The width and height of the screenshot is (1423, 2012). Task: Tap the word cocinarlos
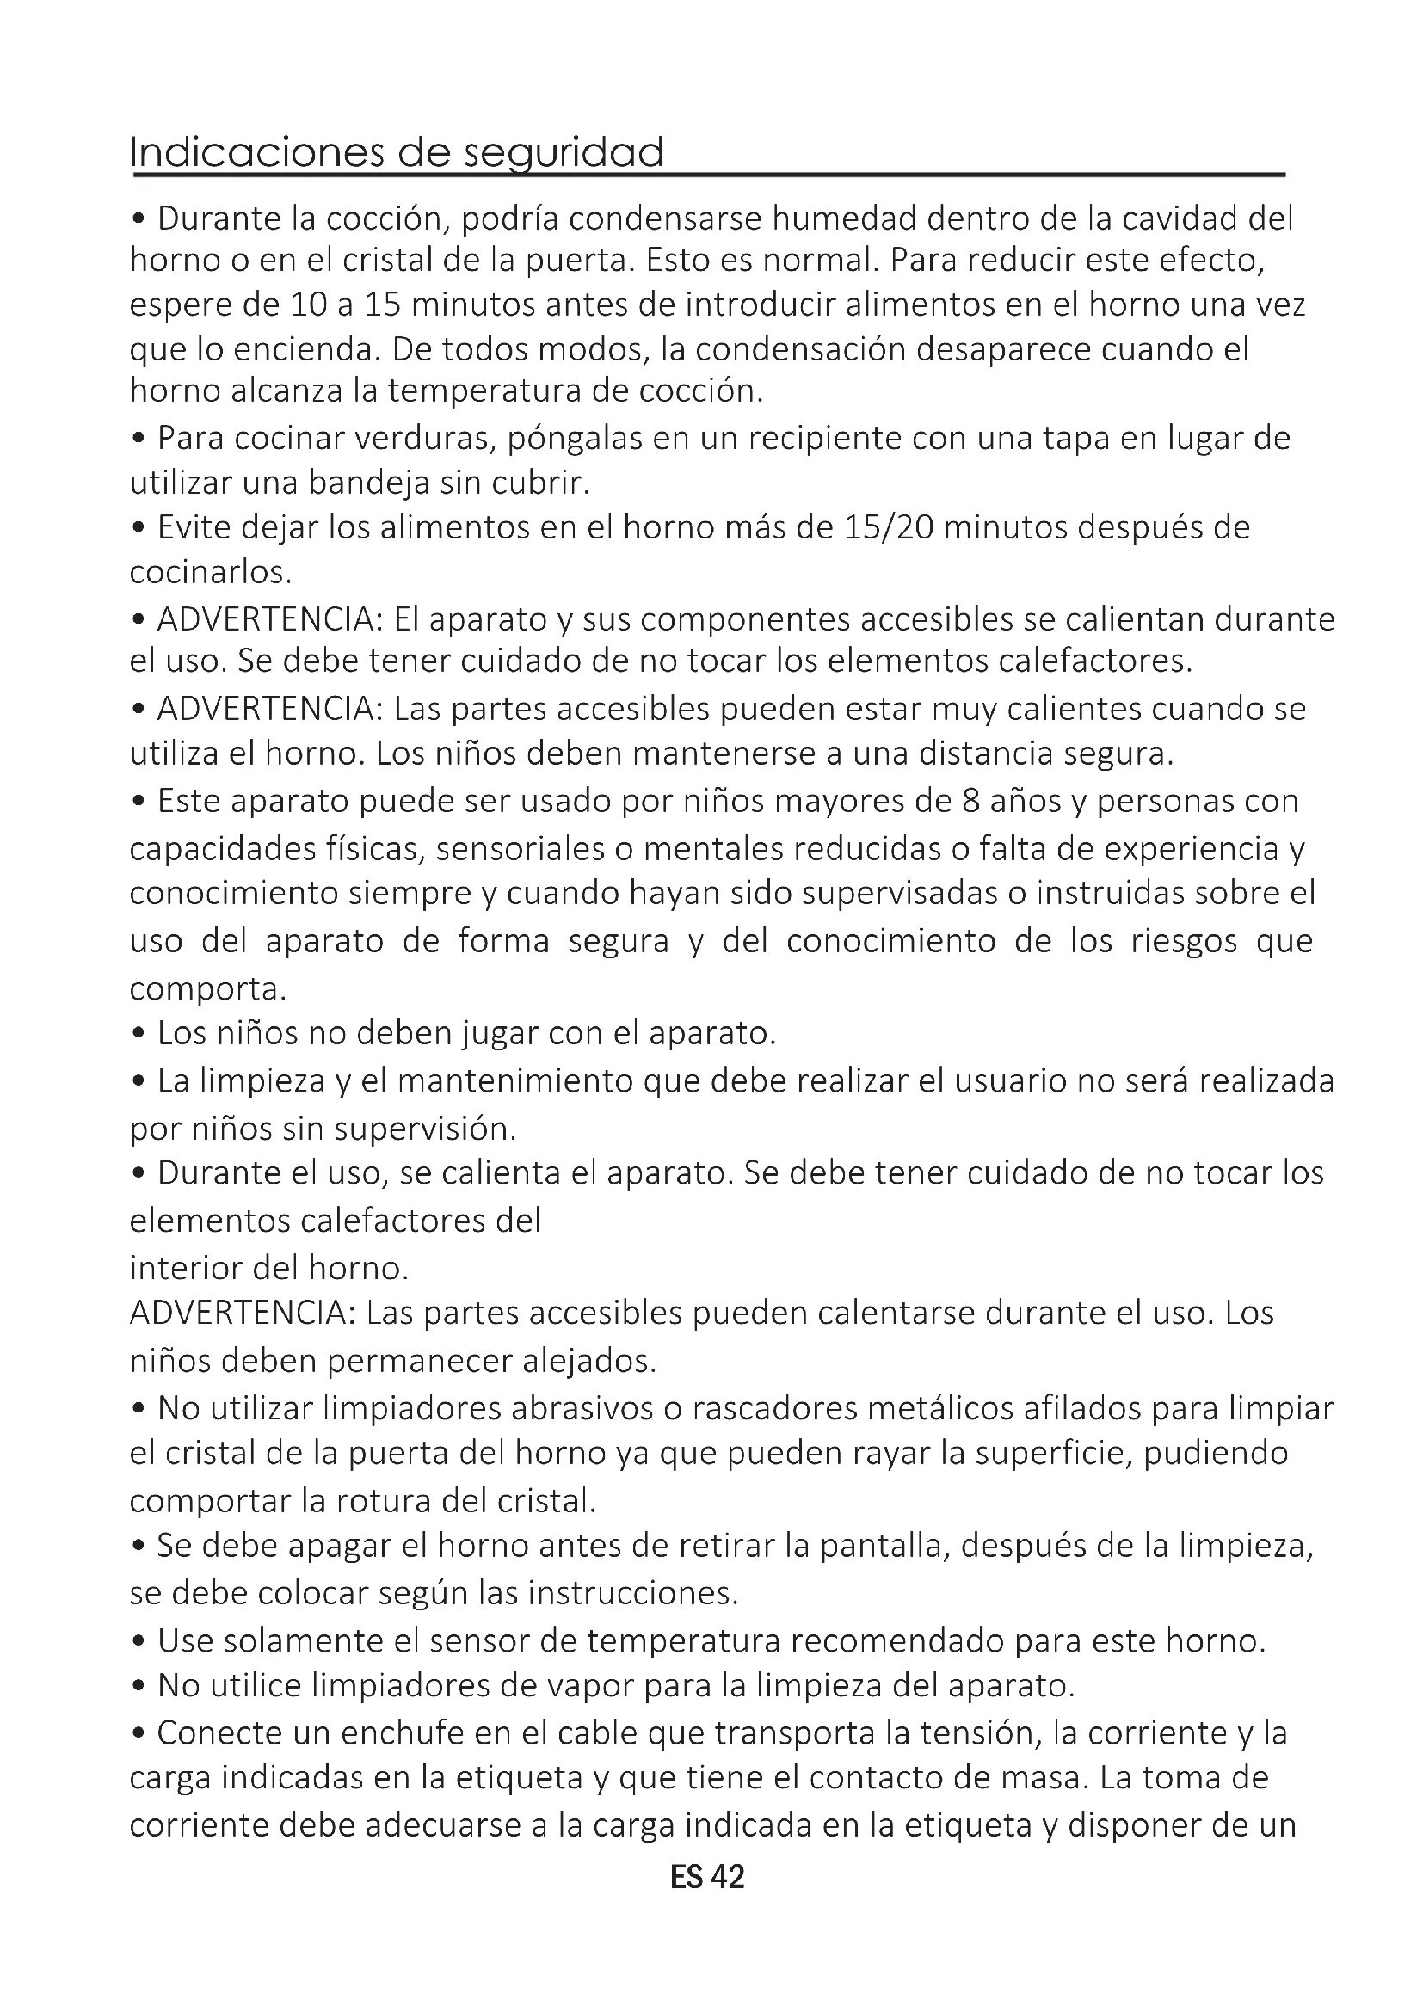click(x=209, y=572)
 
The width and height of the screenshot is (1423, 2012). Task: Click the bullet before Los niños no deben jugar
click(x=139, y=1034)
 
